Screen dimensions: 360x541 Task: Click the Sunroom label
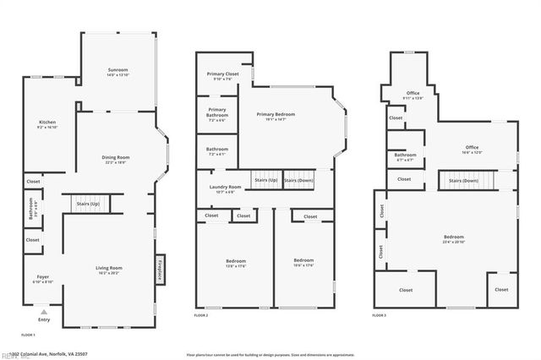pos(117,69)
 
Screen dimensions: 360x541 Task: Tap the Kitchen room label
pos(47,123)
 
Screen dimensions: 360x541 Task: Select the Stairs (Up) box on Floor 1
pos(87,205)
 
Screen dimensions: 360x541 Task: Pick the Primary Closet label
pos(222,75)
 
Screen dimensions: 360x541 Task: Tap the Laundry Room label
pos(223,188)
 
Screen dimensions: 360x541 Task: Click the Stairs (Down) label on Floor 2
pos(298,181)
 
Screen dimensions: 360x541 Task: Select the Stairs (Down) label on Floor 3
pos(462,181)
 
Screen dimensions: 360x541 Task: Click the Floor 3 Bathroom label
pos(405,155)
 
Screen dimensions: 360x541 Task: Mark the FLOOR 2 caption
pos(201,315)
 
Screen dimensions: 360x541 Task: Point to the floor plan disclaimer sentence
pos(270,355)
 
